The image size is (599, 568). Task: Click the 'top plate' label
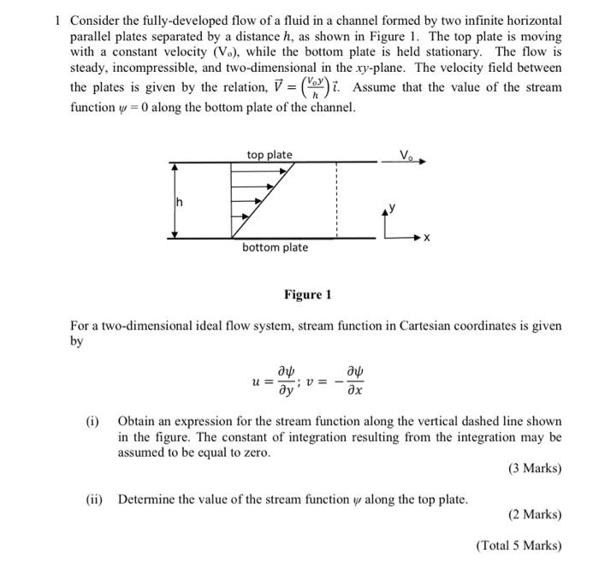(x=270, y=155)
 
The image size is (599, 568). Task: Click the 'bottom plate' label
(x=275, y=247)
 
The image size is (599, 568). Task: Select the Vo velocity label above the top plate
(x=406, y=154)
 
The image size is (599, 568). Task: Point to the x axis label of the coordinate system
(x=426, y=237)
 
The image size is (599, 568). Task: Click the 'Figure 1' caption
(x=307, y=295)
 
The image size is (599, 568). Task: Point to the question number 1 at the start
(x=56, y=19)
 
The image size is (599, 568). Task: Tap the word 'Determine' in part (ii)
(x=146, y=499)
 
